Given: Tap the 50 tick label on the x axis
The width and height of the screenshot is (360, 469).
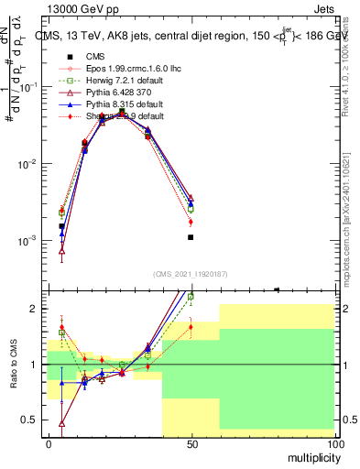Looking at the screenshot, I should tap(191, 444).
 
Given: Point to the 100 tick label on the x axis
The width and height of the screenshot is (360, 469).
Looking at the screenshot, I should tap(334, 444).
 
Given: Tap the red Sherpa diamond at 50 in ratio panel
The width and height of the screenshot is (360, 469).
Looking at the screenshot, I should tap(191, 326).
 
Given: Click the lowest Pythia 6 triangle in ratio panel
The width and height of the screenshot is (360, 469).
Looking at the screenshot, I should tap(61, 423).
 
